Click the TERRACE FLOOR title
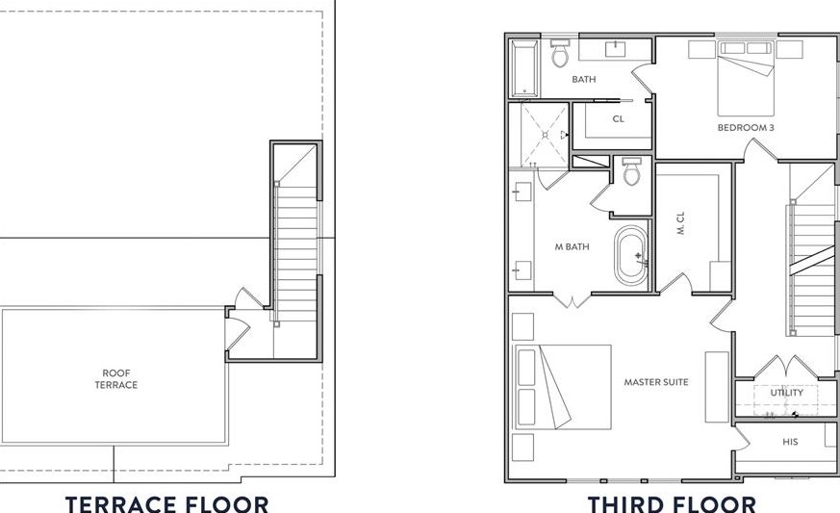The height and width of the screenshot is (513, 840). pyautogui.click(x=166, y=502)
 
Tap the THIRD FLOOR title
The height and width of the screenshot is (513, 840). pyautogui.click(x=672, y=502)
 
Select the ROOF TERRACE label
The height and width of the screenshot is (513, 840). pyautogui.click(x=116, y=379)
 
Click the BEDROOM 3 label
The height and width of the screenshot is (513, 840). pyautogui.click(x=746, y=127)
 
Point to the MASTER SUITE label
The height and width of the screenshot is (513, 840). pyautogui.click(x=656, y=382)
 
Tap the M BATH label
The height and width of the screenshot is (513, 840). pyautogui.click(x=572, y=247)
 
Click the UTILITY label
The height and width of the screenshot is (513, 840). pyautogui.click(x=786, y=393)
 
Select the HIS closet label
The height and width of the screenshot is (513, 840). pyautogui.click(x=790, y=442)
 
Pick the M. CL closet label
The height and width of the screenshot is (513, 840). pyautogui.click(x=681, y=224)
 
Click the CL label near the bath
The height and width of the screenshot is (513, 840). pyautogui.click(x=618, y=119)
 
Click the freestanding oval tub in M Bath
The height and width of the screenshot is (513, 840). pyautogui.click(x=631, y=255)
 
